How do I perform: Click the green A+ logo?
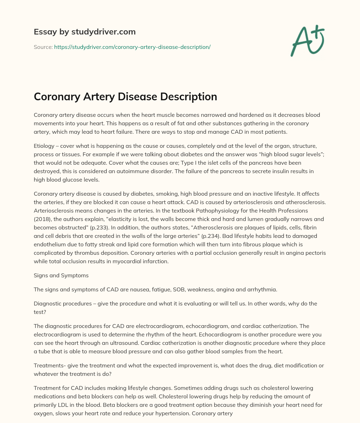(x=307, y=41)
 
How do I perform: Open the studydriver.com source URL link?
(x=132, y=47)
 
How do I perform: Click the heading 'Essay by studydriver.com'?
(x=84, y=32)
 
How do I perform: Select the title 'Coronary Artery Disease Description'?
(x=125, y=96)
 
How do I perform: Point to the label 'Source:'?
(x=43, y=47)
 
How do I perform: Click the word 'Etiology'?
(x=45, y=147)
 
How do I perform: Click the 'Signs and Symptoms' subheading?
(x=61, y=276)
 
